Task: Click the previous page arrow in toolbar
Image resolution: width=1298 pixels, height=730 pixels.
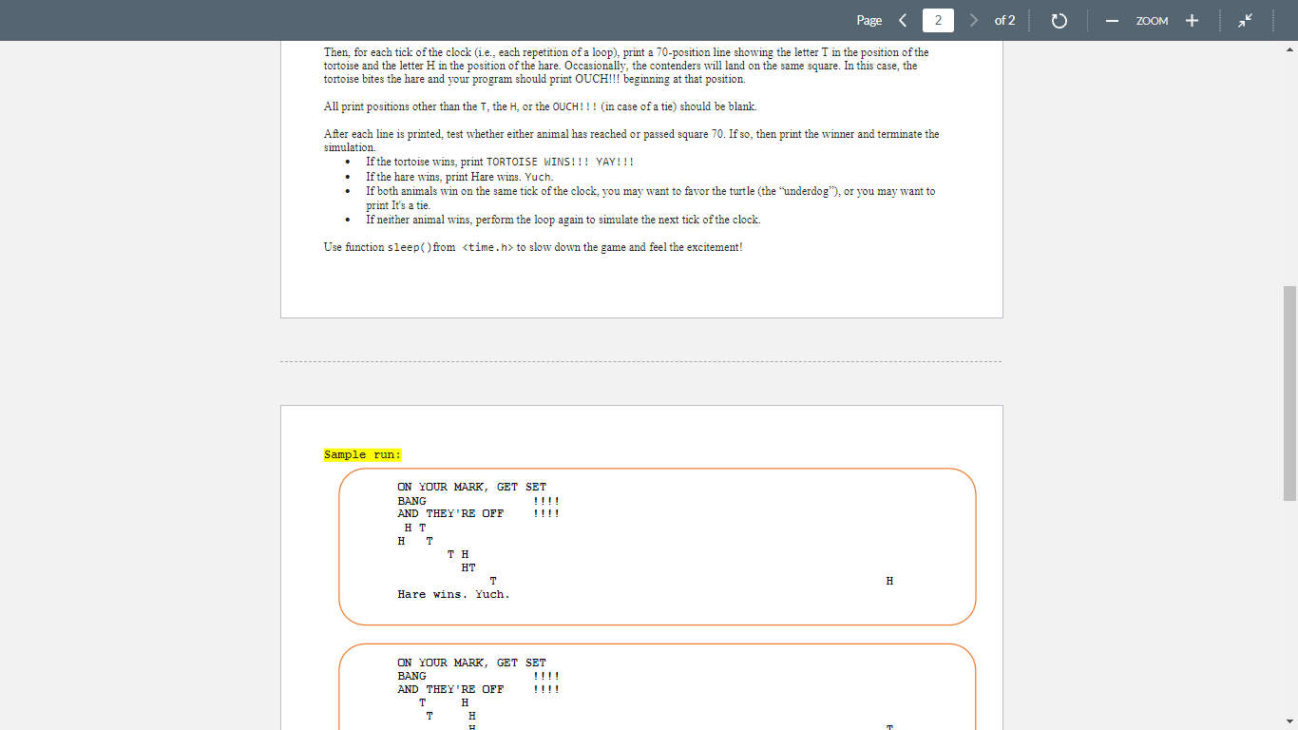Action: coord(903,20)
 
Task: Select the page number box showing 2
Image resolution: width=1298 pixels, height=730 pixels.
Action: coord(938,20)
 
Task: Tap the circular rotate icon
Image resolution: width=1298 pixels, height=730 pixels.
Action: coord(1059,21)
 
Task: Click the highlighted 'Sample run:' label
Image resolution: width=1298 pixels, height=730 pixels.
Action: coord(362,455)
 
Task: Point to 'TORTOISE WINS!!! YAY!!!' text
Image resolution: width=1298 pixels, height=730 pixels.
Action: coord(560,163)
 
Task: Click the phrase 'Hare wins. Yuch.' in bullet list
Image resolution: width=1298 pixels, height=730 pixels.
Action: coord(512,177)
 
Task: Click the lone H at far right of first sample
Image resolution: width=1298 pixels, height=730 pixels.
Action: coord(889,581)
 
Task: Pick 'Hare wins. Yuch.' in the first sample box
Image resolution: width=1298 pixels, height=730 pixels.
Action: coord(453,595)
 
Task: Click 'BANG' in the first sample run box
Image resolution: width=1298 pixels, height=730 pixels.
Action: coord(411,501)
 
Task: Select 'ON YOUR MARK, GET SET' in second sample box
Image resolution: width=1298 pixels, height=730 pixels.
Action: coord(471,663)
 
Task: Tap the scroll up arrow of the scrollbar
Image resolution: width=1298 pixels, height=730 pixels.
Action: coord(1289,49)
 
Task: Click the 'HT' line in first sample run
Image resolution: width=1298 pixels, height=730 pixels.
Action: coord(468,567)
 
